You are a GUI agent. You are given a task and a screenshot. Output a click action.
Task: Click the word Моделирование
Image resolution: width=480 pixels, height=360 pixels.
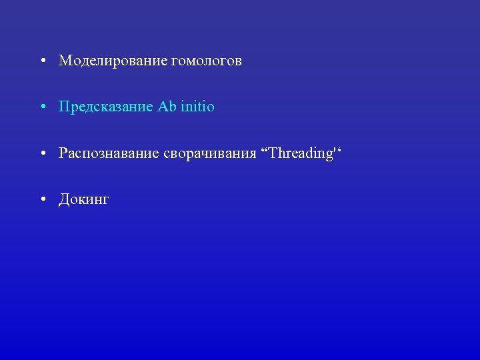tap(113, 61)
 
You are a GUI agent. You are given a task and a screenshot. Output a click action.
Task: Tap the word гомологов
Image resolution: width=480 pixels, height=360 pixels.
tap(206, 61)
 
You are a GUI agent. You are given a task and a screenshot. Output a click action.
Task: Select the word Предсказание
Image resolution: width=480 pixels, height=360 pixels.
tap(106, 107)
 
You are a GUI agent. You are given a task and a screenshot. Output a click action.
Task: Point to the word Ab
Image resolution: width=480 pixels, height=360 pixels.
tap(165, 107)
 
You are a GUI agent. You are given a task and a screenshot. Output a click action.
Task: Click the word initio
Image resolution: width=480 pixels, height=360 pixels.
tap(196, 107)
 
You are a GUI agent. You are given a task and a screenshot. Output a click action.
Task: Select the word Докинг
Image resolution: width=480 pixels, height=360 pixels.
tap(84, 200)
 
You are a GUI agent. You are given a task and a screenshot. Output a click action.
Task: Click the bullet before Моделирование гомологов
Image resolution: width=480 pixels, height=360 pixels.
tap(42, 61)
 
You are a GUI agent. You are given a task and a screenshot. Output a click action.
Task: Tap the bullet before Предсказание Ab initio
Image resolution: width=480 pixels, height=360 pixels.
tap(42, 107)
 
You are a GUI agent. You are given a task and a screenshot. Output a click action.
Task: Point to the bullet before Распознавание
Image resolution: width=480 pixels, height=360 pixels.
tap(42, 154)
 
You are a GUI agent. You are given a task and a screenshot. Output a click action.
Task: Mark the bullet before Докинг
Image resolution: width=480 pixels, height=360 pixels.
tap(42, 200)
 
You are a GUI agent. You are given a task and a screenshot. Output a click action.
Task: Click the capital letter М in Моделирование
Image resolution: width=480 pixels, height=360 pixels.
tap(65, 61)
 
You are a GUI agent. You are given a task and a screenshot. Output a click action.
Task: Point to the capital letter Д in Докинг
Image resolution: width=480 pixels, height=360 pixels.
tap(64, 200)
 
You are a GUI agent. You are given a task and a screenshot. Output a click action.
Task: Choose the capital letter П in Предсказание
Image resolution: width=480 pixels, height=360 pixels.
tap(64, 107)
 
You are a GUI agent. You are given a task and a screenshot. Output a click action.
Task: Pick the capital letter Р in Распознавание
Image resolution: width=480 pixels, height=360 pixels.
tap(63, 154)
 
